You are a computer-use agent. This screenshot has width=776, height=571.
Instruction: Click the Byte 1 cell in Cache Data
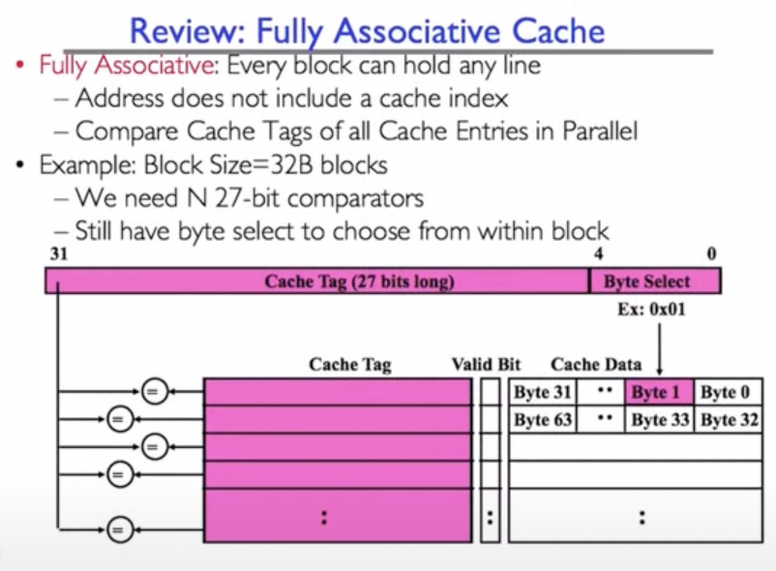[659, 392]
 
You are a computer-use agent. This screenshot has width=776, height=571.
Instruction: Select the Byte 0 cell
[730, 392]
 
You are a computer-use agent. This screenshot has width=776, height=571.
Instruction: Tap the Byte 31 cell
[543, 392]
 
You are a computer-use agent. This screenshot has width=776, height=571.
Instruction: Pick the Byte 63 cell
[543, 420]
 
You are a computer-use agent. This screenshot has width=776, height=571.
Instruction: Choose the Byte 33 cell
[659, 420]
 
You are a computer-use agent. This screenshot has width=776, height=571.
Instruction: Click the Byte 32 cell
[730, 420]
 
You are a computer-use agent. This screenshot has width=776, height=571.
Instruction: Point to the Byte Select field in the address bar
[655, 282]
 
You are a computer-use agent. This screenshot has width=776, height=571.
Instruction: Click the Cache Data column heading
[596, 365]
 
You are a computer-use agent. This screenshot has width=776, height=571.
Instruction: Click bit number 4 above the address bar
[600, 255]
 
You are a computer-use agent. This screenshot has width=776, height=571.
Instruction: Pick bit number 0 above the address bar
[712, 255]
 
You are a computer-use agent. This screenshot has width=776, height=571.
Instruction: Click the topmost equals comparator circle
[152, 391]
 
